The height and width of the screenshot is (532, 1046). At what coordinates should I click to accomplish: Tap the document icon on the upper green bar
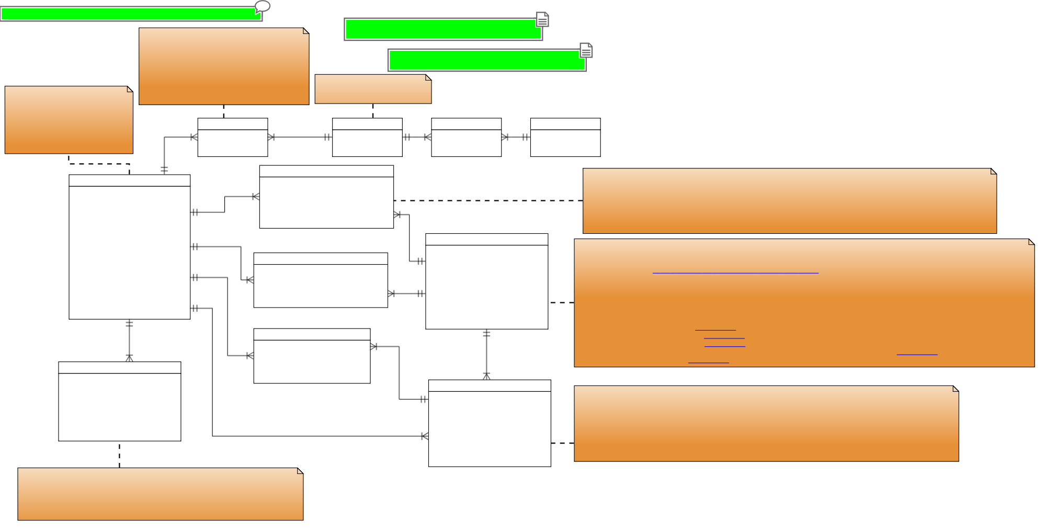[542, 20]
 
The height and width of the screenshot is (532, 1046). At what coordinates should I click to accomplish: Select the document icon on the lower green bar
[586, 51]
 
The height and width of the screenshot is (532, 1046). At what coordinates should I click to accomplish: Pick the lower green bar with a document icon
[486, 61]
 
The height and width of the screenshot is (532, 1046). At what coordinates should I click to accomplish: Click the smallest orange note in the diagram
[372, 89]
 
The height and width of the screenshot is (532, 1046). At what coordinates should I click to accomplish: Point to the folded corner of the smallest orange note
[428, 77]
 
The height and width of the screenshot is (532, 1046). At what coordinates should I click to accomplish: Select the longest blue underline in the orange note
[735, 273]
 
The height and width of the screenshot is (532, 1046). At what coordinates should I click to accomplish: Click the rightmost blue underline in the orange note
[917, 355]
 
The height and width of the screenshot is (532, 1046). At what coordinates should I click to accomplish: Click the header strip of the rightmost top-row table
[565, 124]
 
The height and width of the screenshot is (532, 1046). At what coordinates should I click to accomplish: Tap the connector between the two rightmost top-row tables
[516, 137]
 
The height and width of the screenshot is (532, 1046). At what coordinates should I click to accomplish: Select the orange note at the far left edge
[69, 120]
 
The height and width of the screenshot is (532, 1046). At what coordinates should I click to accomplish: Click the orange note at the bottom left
[160, 494]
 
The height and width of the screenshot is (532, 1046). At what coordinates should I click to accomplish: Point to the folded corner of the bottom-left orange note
[300, 471]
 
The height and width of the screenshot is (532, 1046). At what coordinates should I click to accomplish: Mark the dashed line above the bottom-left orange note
[119, 455]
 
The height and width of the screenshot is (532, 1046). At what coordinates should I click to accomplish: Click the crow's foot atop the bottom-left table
[129, 358]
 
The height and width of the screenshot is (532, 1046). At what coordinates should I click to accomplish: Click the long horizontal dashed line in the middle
[488, 200]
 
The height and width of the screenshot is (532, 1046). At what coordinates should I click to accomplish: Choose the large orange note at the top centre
[224, 66]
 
